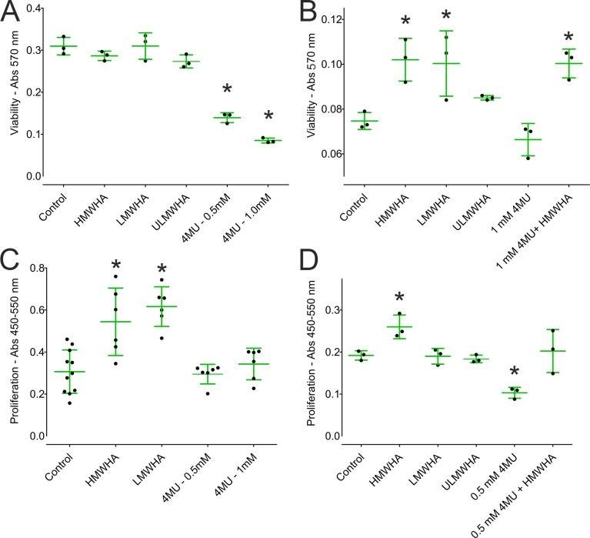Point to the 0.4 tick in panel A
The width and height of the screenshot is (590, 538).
34,8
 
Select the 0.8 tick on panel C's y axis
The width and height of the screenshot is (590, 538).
34,269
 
